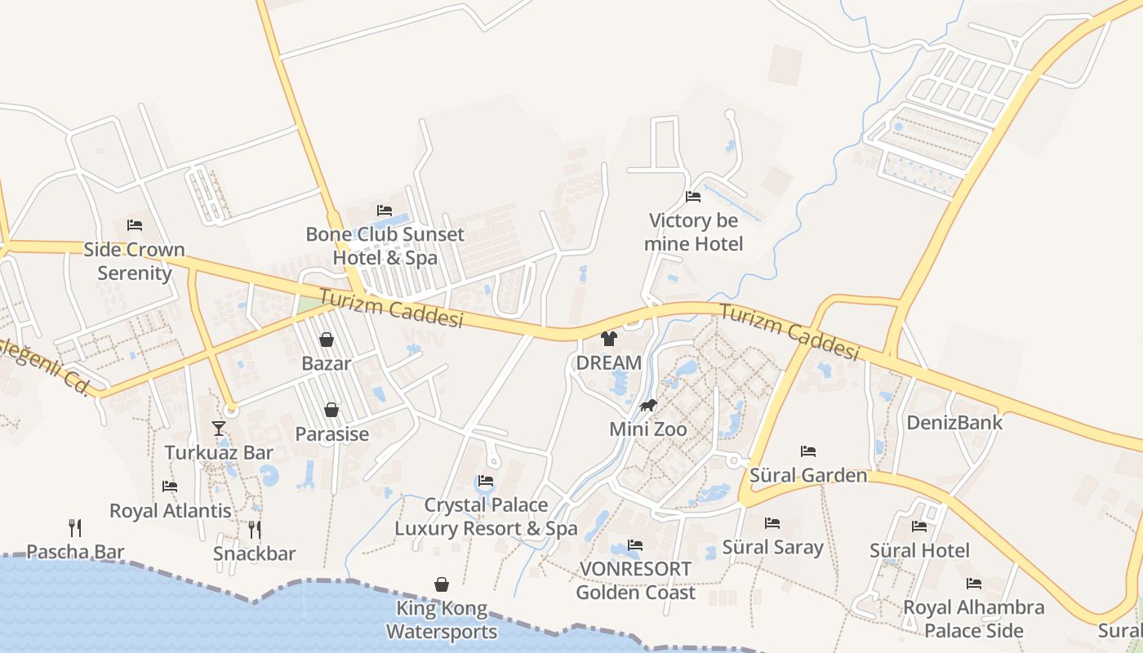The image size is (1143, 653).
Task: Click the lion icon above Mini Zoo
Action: click(648, 405)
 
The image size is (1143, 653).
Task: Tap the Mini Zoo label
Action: click(648, 429)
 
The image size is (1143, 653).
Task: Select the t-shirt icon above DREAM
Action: click(609, 339)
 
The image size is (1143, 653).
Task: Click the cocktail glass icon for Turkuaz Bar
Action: click(218, 428)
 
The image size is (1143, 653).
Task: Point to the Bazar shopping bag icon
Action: click(327, 340)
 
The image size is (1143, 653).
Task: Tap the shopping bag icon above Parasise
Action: click(331, 410)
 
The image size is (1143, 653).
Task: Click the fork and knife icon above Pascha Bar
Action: click(75, 527)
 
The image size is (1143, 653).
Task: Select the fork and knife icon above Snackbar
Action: click(255, 530)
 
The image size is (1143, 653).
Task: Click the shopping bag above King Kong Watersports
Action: click(442, 584)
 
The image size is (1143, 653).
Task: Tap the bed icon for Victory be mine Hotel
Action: click(693, 197)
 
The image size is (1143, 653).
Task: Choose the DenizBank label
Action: click(954, 423)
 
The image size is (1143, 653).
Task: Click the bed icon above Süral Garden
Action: click(808, 451)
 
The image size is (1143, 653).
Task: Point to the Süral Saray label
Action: click(772, 547)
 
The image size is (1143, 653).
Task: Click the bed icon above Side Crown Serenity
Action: click(135, 225)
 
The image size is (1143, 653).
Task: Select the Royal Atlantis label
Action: click(171, 511)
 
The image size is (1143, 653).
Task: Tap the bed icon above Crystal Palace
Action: click(486, 481)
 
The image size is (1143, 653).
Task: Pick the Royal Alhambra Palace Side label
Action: click(973, 619)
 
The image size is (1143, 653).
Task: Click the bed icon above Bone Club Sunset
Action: click(385, 211)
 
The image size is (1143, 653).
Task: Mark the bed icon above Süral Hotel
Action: click(919, 526)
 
